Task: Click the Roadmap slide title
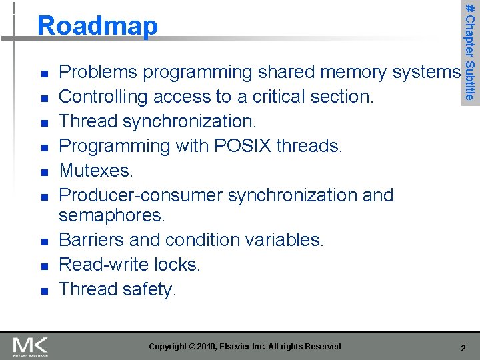(x=98, y=26)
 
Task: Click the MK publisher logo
(x=30, y=347)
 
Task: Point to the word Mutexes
(x=96, y=171)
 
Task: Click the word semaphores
(x=111, y=215)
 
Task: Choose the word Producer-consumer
(x=141, y=195)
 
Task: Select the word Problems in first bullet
(x=98, y=72)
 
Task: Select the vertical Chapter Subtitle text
(x=470, y=50)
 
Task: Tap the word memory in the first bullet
(x=356, y=72)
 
